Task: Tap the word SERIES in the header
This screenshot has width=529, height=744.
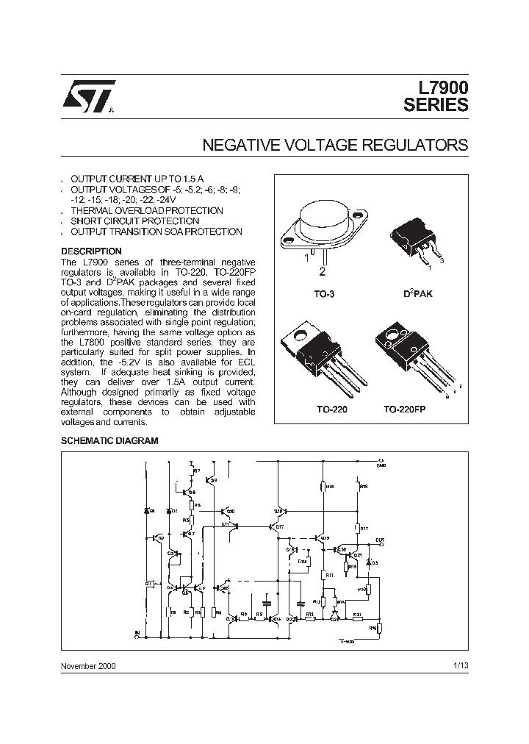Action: pyautogui.click(x=436, y=106)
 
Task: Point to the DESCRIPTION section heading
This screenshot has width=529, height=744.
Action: pyautogui.click(x=91, y=251)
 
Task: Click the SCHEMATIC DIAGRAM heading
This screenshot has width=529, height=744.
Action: pyautogui.click(x=109, y=440)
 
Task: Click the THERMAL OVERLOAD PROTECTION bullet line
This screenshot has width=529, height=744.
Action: pyautogui.click(x=146, y=211)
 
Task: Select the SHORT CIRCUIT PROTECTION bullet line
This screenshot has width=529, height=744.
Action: pyautogui.click(x=134, y=221)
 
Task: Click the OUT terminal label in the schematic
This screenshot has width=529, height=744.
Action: pyautogui.click(x=379, y=540)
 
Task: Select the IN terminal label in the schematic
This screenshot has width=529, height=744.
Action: pyautogui.click(x=137, y=632)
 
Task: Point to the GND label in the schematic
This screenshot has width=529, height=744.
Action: pyautogui.click(x=381, y=465)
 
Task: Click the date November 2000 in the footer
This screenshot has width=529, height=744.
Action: pyautogui.click(x=88, y=666)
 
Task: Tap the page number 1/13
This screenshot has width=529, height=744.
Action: pyautogui.click(x=460, y=666)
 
